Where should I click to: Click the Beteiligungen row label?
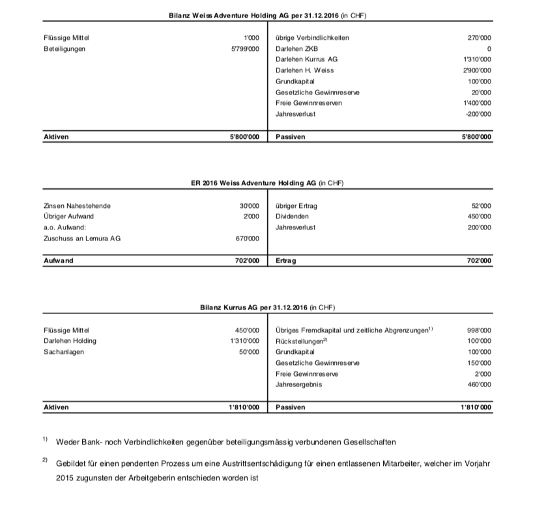pos(64,48)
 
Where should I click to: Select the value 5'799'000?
pos(246,48)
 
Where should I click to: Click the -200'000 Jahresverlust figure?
pos(477,114)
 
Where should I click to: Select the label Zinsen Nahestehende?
pos(77,206)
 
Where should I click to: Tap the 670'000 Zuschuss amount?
pos(248,239)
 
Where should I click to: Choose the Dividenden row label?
pos(293,216)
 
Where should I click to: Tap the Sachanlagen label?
pos(63,351)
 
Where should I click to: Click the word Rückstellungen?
pos(299,341)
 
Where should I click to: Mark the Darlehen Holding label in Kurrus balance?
pos(70,341)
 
